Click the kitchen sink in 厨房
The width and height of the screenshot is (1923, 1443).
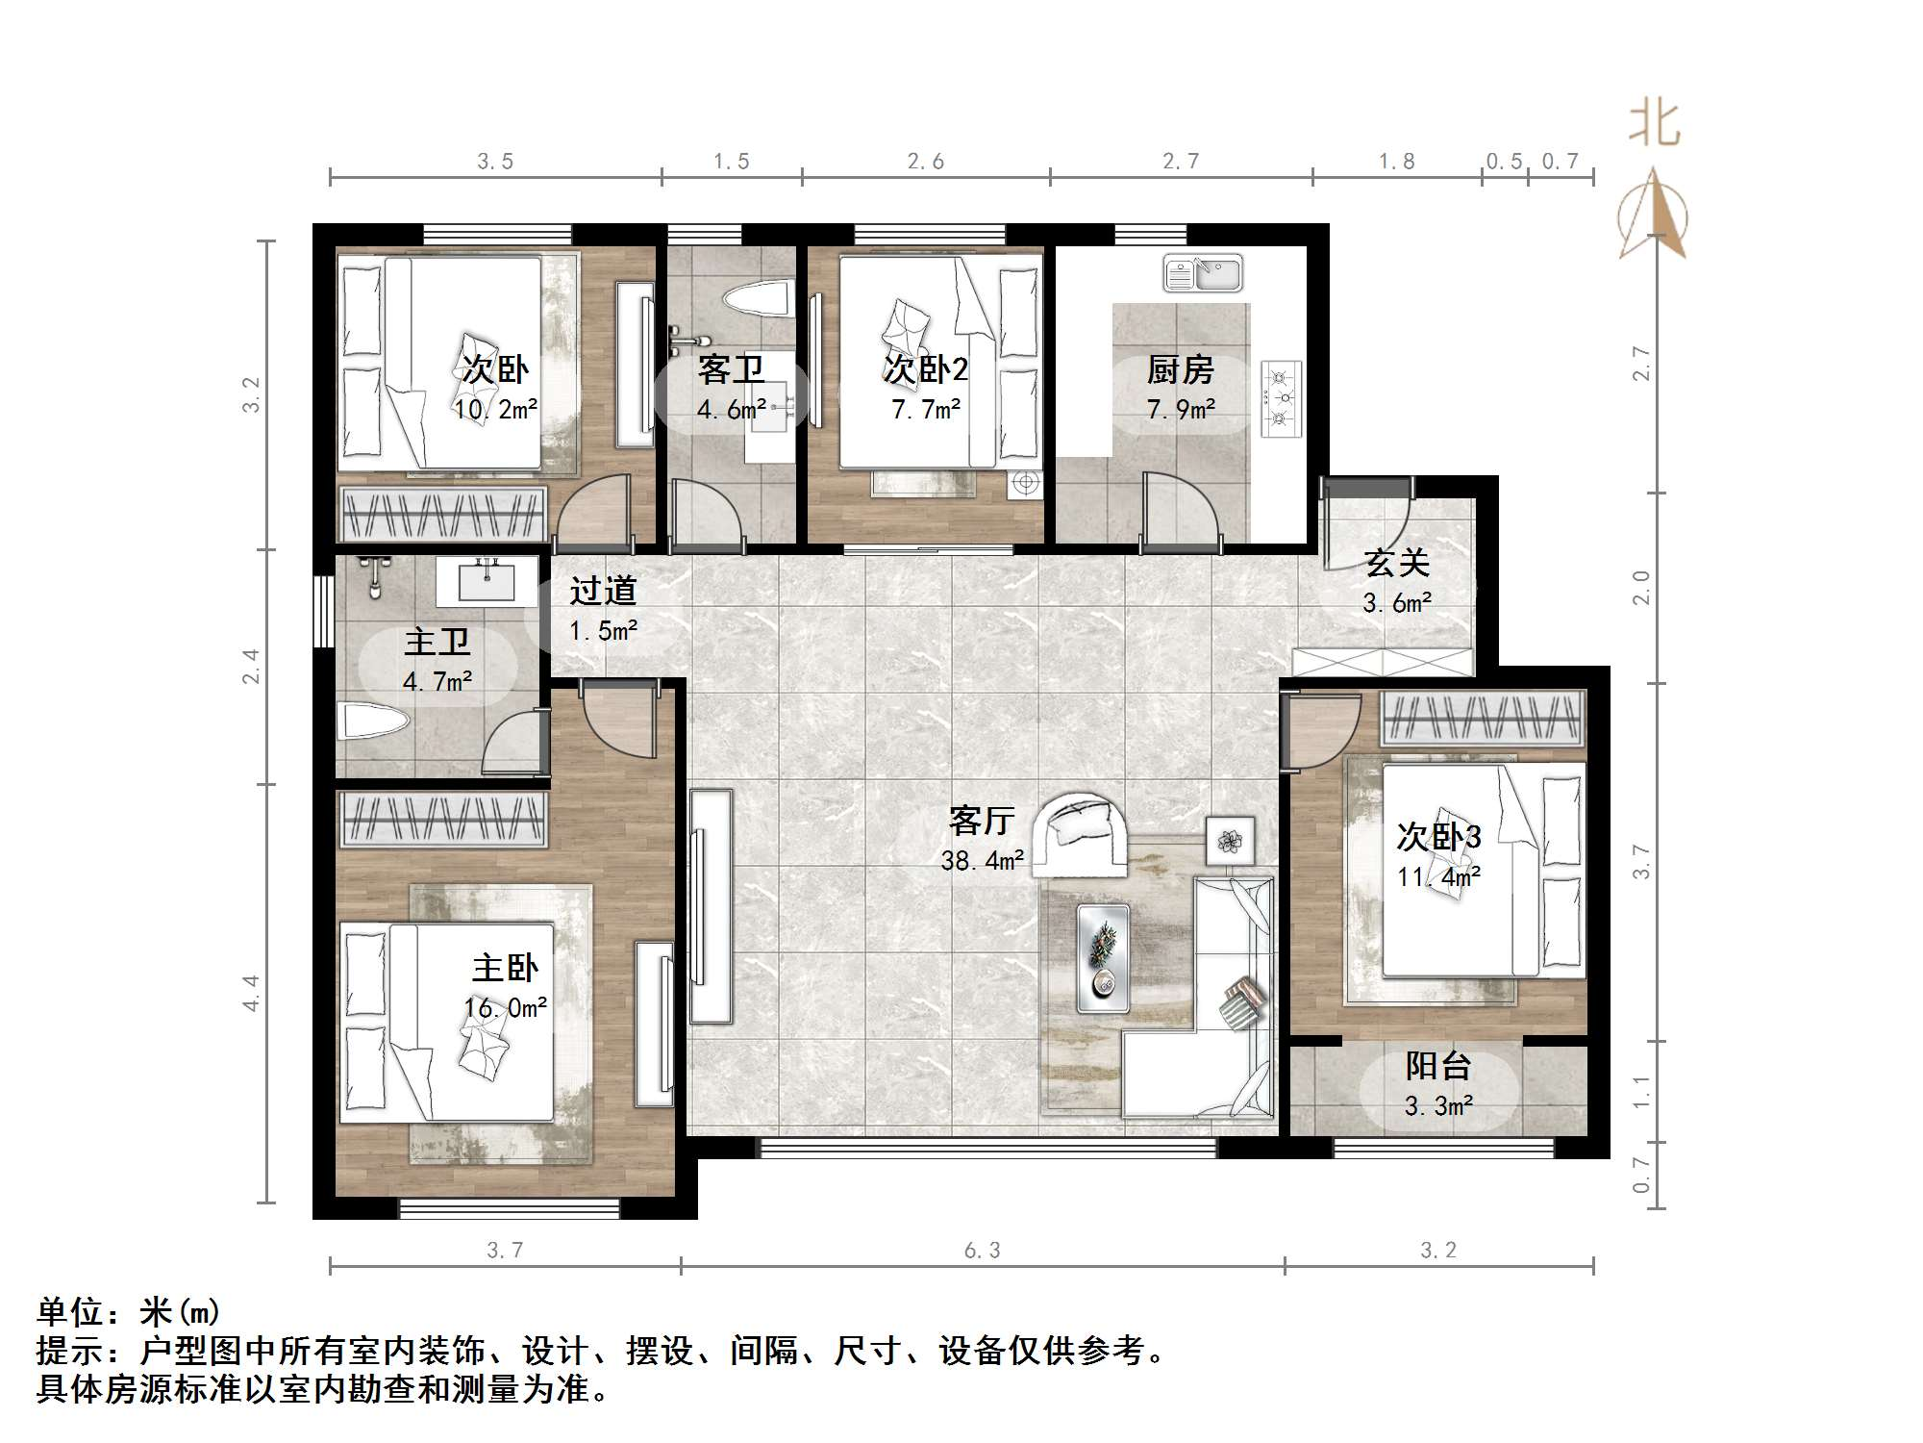click(1203, 273)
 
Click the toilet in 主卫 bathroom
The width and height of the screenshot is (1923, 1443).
click(373, 720)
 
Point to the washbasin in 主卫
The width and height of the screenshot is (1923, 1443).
click(487, 582)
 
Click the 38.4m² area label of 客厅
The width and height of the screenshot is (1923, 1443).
click(982, 860)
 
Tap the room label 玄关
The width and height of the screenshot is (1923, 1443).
click(1397, 563)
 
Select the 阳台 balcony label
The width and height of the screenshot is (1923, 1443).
click(1438, 1066)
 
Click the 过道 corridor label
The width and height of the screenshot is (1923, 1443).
click(603, 591)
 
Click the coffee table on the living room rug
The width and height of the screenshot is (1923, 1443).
click(1103, 957)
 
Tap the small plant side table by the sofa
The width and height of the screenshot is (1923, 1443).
click(1230, 841)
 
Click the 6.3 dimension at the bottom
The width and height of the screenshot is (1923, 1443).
click(982, 1250)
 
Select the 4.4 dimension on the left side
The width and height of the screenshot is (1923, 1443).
click(251, 993)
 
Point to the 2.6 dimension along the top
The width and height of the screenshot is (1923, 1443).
click(925, 162)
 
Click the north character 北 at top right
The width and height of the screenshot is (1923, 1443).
click(1654, 125)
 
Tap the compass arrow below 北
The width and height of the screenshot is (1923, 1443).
click(1653, 216)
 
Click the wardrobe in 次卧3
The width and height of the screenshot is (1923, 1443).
click(1482, 719)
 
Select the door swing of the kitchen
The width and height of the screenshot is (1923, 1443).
click(1180, 510)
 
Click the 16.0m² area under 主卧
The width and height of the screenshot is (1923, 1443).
click(506, 1008)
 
